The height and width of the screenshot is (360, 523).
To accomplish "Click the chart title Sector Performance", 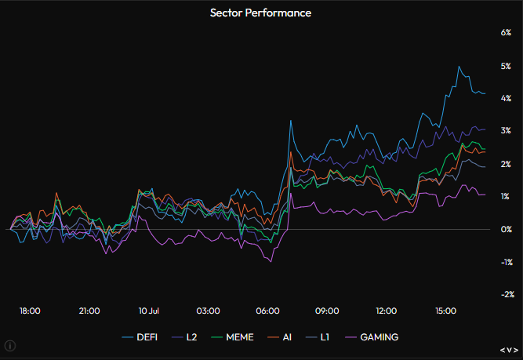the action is tap(260, 13).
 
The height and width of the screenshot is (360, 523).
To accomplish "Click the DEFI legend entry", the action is tap(140, 337).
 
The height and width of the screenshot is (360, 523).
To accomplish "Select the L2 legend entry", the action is tap(184, 337).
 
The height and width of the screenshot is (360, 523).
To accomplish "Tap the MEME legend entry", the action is tap(232, 337).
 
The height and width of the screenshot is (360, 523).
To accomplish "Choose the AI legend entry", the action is tap(279, 337).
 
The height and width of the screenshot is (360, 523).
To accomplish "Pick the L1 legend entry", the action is tap(318, 337).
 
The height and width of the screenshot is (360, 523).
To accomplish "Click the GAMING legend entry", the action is tap(372, 337).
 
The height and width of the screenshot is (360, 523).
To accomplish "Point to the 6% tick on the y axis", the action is tap(506, 32).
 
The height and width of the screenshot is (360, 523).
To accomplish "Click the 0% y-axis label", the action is tap(506, 229).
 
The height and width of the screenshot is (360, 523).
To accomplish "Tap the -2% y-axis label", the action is tap(507, 294).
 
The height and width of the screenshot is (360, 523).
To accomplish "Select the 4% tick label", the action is tap(506, 98).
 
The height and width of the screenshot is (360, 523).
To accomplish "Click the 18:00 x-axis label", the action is tap(30, 311).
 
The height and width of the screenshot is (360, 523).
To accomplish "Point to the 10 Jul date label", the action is tap(149, 311).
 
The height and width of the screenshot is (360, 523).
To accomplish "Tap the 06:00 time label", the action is tap(267, 311).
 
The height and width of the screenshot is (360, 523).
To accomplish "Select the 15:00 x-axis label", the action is tap(445, 311).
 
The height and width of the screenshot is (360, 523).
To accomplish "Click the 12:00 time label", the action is tap(387, 311).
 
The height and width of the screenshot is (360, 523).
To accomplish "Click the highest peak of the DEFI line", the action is tap(459, 67).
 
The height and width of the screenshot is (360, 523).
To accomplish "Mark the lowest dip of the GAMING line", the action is tap(271, 262).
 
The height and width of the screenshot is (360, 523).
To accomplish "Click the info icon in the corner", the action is tap(10, 346).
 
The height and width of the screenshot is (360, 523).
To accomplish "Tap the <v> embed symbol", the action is tap(509, 350).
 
